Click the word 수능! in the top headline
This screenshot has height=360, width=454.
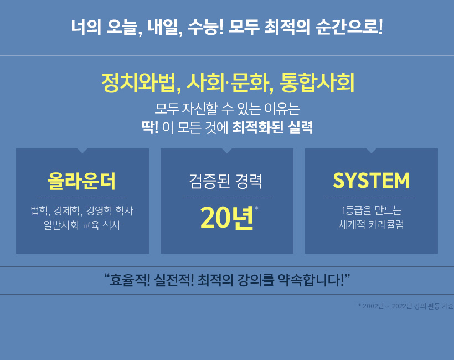coord(205,27)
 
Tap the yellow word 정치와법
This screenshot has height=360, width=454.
coord(141,83)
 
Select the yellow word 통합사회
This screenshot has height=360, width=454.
coord(317,83)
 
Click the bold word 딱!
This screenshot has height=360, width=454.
coord(149,127)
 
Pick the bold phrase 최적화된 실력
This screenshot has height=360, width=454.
coord(272,127)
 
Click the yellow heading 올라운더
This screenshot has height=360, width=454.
coord(81,181)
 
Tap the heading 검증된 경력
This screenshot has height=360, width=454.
coord(226,181)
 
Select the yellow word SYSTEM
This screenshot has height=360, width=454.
coord(371,181)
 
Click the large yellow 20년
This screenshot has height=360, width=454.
coord(227,218)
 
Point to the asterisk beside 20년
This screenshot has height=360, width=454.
coord(256,208)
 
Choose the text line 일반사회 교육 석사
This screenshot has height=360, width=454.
coord(82,225)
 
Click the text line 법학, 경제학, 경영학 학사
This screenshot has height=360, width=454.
coord(82,210)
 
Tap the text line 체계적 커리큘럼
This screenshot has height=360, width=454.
coord(371,224)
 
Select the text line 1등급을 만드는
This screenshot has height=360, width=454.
coord(372,210)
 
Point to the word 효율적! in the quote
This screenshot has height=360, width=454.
coord(130,280)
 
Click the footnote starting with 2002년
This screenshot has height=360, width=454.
coord(406,306)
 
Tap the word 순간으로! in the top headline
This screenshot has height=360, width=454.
coord(349,27)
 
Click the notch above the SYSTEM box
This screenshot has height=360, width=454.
coord(371,151)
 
